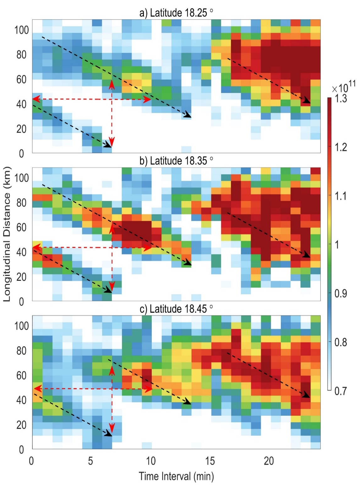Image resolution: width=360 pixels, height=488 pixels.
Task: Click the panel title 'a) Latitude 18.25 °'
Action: (176, 13)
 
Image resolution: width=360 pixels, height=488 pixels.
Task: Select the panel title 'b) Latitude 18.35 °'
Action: (176, 161)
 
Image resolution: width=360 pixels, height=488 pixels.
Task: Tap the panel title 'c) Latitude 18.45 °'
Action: (176, 309)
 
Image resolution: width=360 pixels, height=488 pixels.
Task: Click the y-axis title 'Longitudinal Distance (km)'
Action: (7, 234)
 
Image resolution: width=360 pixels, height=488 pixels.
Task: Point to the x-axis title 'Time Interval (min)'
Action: (176, 476)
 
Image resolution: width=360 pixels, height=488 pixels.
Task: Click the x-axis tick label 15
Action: (210, 461)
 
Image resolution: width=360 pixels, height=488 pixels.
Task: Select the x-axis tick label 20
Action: (269, 461)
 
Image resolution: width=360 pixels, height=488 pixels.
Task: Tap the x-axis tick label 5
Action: (90, 461)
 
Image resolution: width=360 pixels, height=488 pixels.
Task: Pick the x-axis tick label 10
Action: (150, 461)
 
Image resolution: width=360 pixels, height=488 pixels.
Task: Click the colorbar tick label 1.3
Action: (341, 99)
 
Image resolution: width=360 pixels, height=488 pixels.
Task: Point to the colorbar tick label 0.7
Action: (341, 391)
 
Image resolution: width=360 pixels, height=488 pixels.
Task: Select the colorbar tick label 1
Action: (337, 245)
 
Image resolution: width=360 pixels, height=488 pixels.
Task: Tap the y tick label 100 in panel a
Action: (21, 30)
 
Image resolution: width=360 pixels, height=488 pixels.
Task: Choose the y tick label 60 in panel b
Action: (21, 227)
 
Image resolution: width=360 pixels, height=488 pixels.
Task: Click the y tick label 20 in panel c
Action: (21, 425)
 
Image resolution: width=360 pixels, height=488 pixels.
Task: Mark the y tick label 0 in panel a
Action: (21, 153)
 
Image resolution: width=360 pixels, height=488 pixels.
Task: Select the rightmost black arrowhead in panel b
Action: (307, 255)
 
